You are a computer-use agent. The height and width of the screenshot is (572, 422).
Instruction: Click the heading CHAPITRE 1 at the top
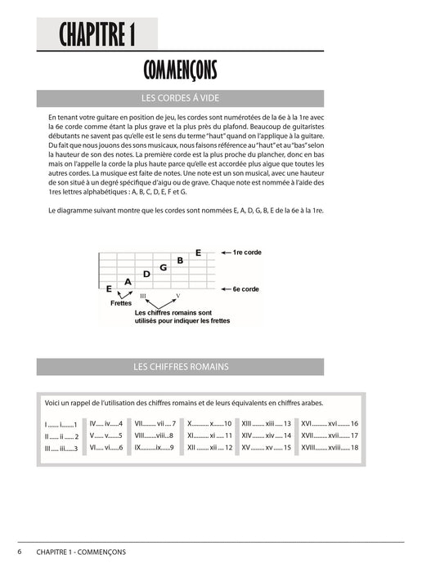(x=97, y=35)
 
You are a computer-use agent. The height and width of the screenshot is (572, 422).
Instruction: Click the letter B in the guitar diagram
(x=180, y=260)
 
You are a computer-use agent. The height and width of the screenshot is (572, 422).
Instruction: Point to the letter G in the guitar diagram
(x=164, y=267)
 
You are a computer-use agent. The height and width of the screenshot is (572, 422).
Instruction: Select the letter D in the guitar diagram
(x=146, y=275)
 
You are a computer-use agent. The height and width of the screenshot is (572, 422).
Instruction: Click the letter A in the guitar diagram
(x=128, y=282)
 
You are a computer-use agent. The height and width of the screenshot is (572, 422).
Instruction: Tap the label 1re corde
(x=247, y=253)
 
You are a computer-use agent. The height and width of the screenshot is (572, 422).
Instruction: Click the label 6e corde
(x=246, y=289)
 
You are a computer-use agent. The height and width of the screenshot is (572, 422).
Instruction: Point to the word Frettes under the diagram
(x=121, y=302)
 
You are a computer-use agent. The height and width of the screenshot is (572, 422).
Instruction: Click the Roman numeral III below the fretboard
(x=144, y=295)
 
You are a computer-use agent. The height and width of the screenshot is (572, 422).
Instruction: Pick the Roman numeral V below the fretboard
(x=178, y=295)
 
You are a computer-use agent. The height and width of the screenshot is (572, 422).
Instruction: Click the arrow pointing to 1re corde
(x=224, y=253)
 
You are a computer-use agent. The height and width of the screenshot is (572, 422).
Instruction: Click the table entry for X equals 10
(x=209, y=424)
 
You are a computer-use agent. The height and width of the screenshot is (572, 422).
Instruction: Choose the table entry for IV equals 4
(x=106, y=424)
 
